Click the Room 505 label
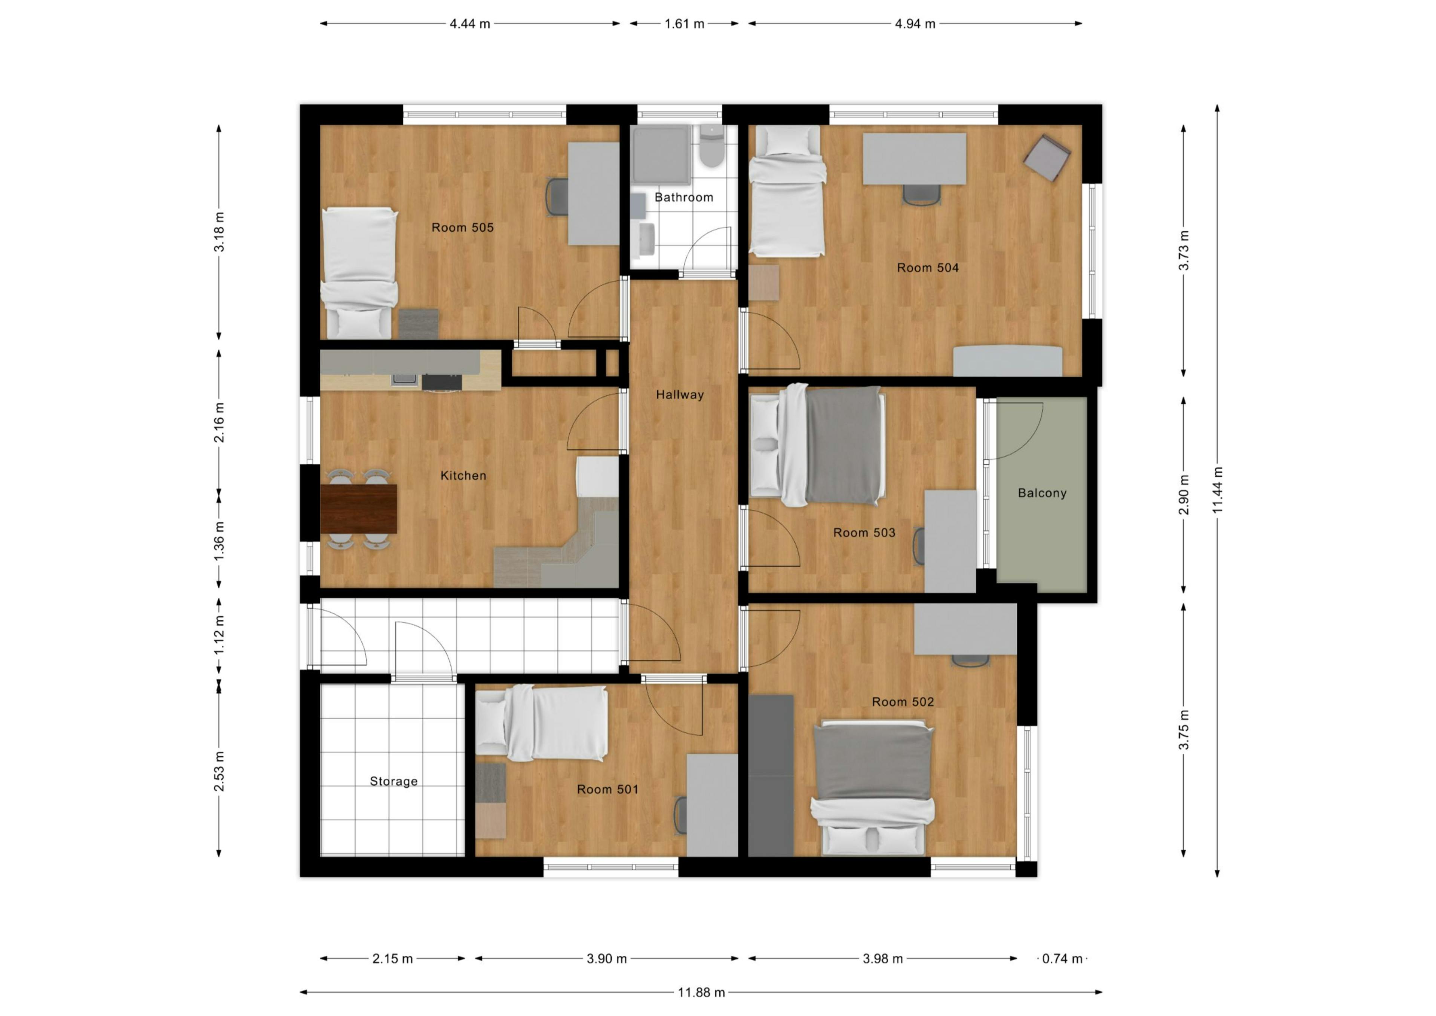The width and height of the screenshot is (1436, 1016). point(462,228)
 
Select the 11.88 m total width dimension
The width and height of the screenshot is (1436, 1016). point(701,992)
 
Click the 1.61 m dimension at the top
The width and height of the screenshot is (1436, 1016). point(684,24)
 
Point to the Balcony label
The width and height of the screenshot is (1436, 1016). point(1042,493)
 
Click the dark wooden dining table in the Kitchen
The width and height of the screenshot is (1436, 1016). point(358,509)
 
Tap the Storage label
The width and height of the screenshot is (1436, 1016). point(394,781)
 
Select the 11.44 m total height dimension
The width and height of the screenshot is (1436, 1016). point(1217,491)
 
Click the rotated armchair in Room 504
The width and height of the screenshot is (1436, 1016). point(1046,158)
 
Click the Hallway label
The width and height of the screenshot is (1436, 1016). point(680,395)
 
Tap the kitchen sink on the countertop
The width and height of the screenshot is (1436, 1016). point(403,379)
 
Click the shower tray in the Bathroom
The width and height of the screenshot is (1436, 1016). point(661,154)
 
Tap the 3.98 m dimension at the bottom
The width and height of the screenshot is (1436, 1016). point(882,958)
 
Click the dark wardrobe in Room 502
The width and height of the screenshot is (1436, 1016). point(771,776)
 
